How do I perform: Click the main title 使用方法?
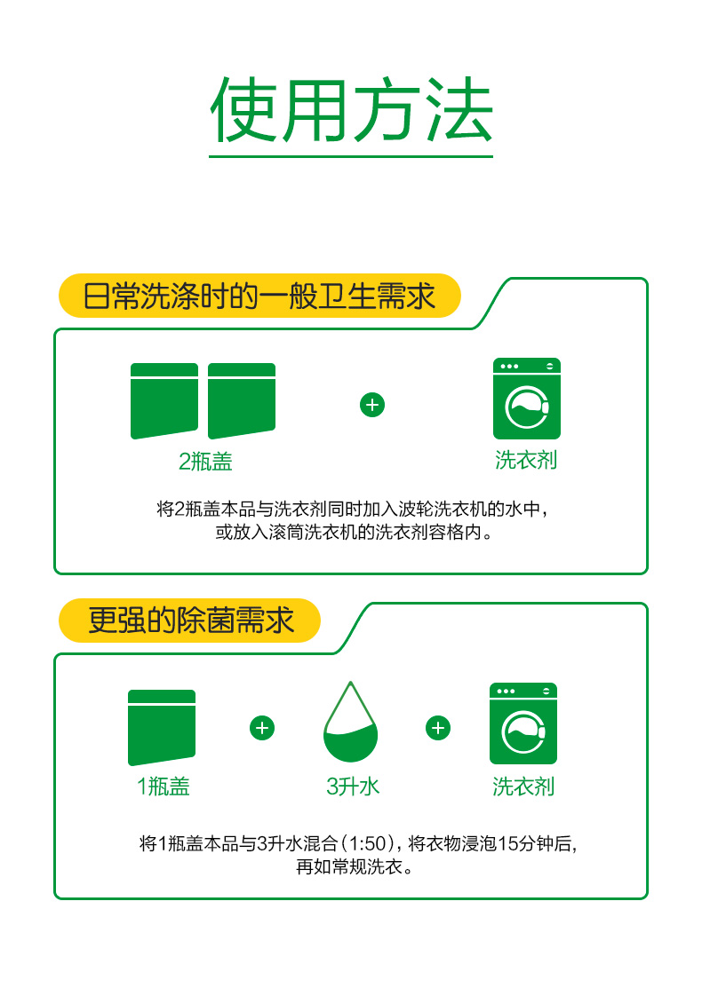(x=351, y=109)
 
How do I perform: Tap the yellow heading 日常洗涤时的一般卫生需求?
(x=259, y=296)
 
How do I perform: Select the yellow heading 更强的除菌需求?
(x=190, y=620)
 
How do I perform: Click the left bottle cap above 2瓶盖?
(x=164, y=401)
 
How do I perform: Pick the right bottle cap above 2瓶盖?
(x=242, y=401)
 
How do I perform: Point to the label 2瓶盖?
(x=205, y=461)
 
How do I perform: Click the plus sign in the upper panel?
(x=372, y=405)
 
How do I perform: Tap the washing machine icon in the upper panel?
(x=527, y=399)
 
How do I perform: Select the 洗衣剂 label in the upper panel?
(x=526, y=460)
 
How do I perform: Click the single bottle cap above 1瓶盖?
(x=162, y=727)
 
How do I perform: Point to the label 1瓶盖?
(x=163, y=787)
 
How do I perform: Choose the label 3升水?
(x=353, y=787)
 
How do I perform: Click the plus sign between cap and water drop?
(x=261, y=728)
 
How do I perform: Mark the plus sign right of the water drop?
(x=438, y=728)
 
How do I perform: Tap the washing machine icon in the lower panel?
(x=523, y=723)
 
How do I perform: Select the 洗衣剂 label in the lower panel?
(x=523, y=787)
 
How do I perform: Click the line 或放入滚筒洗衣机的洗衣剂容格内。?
(x=355, y=532)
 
